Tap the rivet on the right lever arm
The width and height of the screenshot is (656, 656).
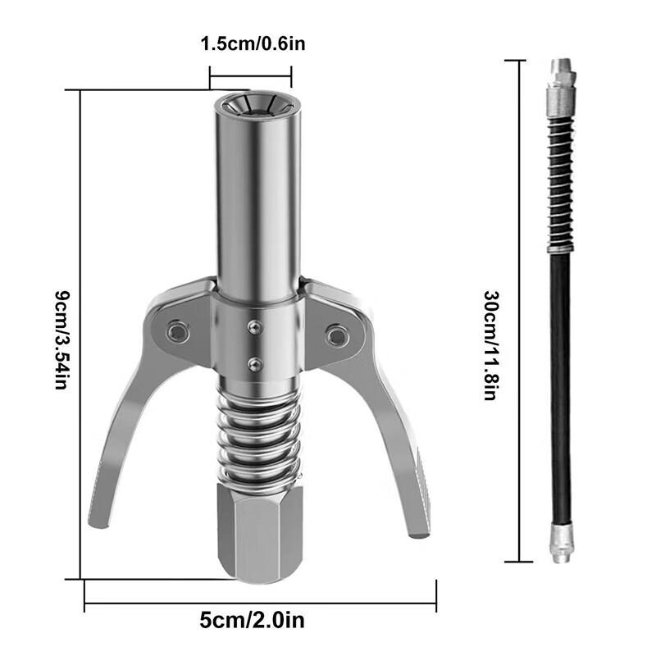[335, 334]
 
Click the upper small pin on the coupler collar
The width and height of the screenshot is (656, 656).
[256, 326]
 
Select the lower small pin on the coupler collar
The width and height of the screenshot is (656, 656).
[256, 362]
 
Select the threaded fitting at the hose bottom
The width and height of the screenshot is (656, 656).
[561, 545]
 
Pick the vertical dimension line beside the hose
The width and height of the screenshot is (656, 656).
[518, 312]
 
